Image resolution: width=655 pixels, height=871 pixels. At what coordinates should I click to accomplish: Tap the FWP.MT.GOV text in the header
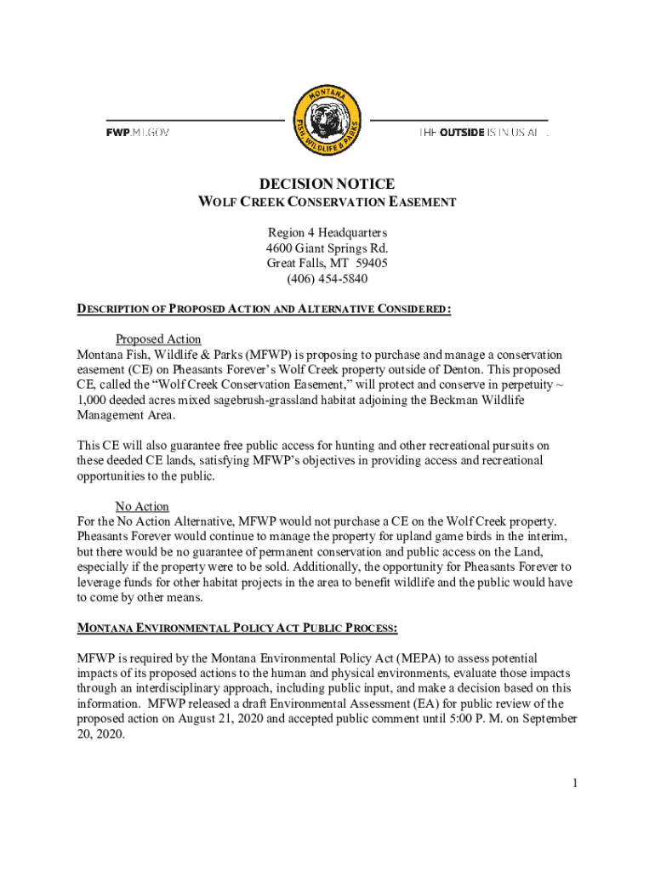(x=138, y=134)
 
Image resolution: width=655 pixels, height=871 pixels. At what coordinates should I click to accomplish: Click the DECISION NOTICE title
(x=327, y=184)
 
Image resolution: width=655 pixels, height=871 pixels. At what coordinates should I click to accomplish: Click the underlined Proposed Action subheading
(x=158, y=339)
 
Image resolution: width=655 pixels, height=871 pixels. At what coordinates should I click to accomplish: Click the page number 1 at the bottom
(x=575, y=783)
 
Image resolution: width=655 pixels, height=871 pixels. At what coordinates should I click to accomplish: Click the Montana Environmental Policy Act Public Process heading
(x=237, y=629)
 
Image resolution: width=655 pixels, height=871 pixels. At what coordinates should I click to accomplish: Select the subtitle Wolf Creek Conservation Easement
(x=327, y=202)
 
